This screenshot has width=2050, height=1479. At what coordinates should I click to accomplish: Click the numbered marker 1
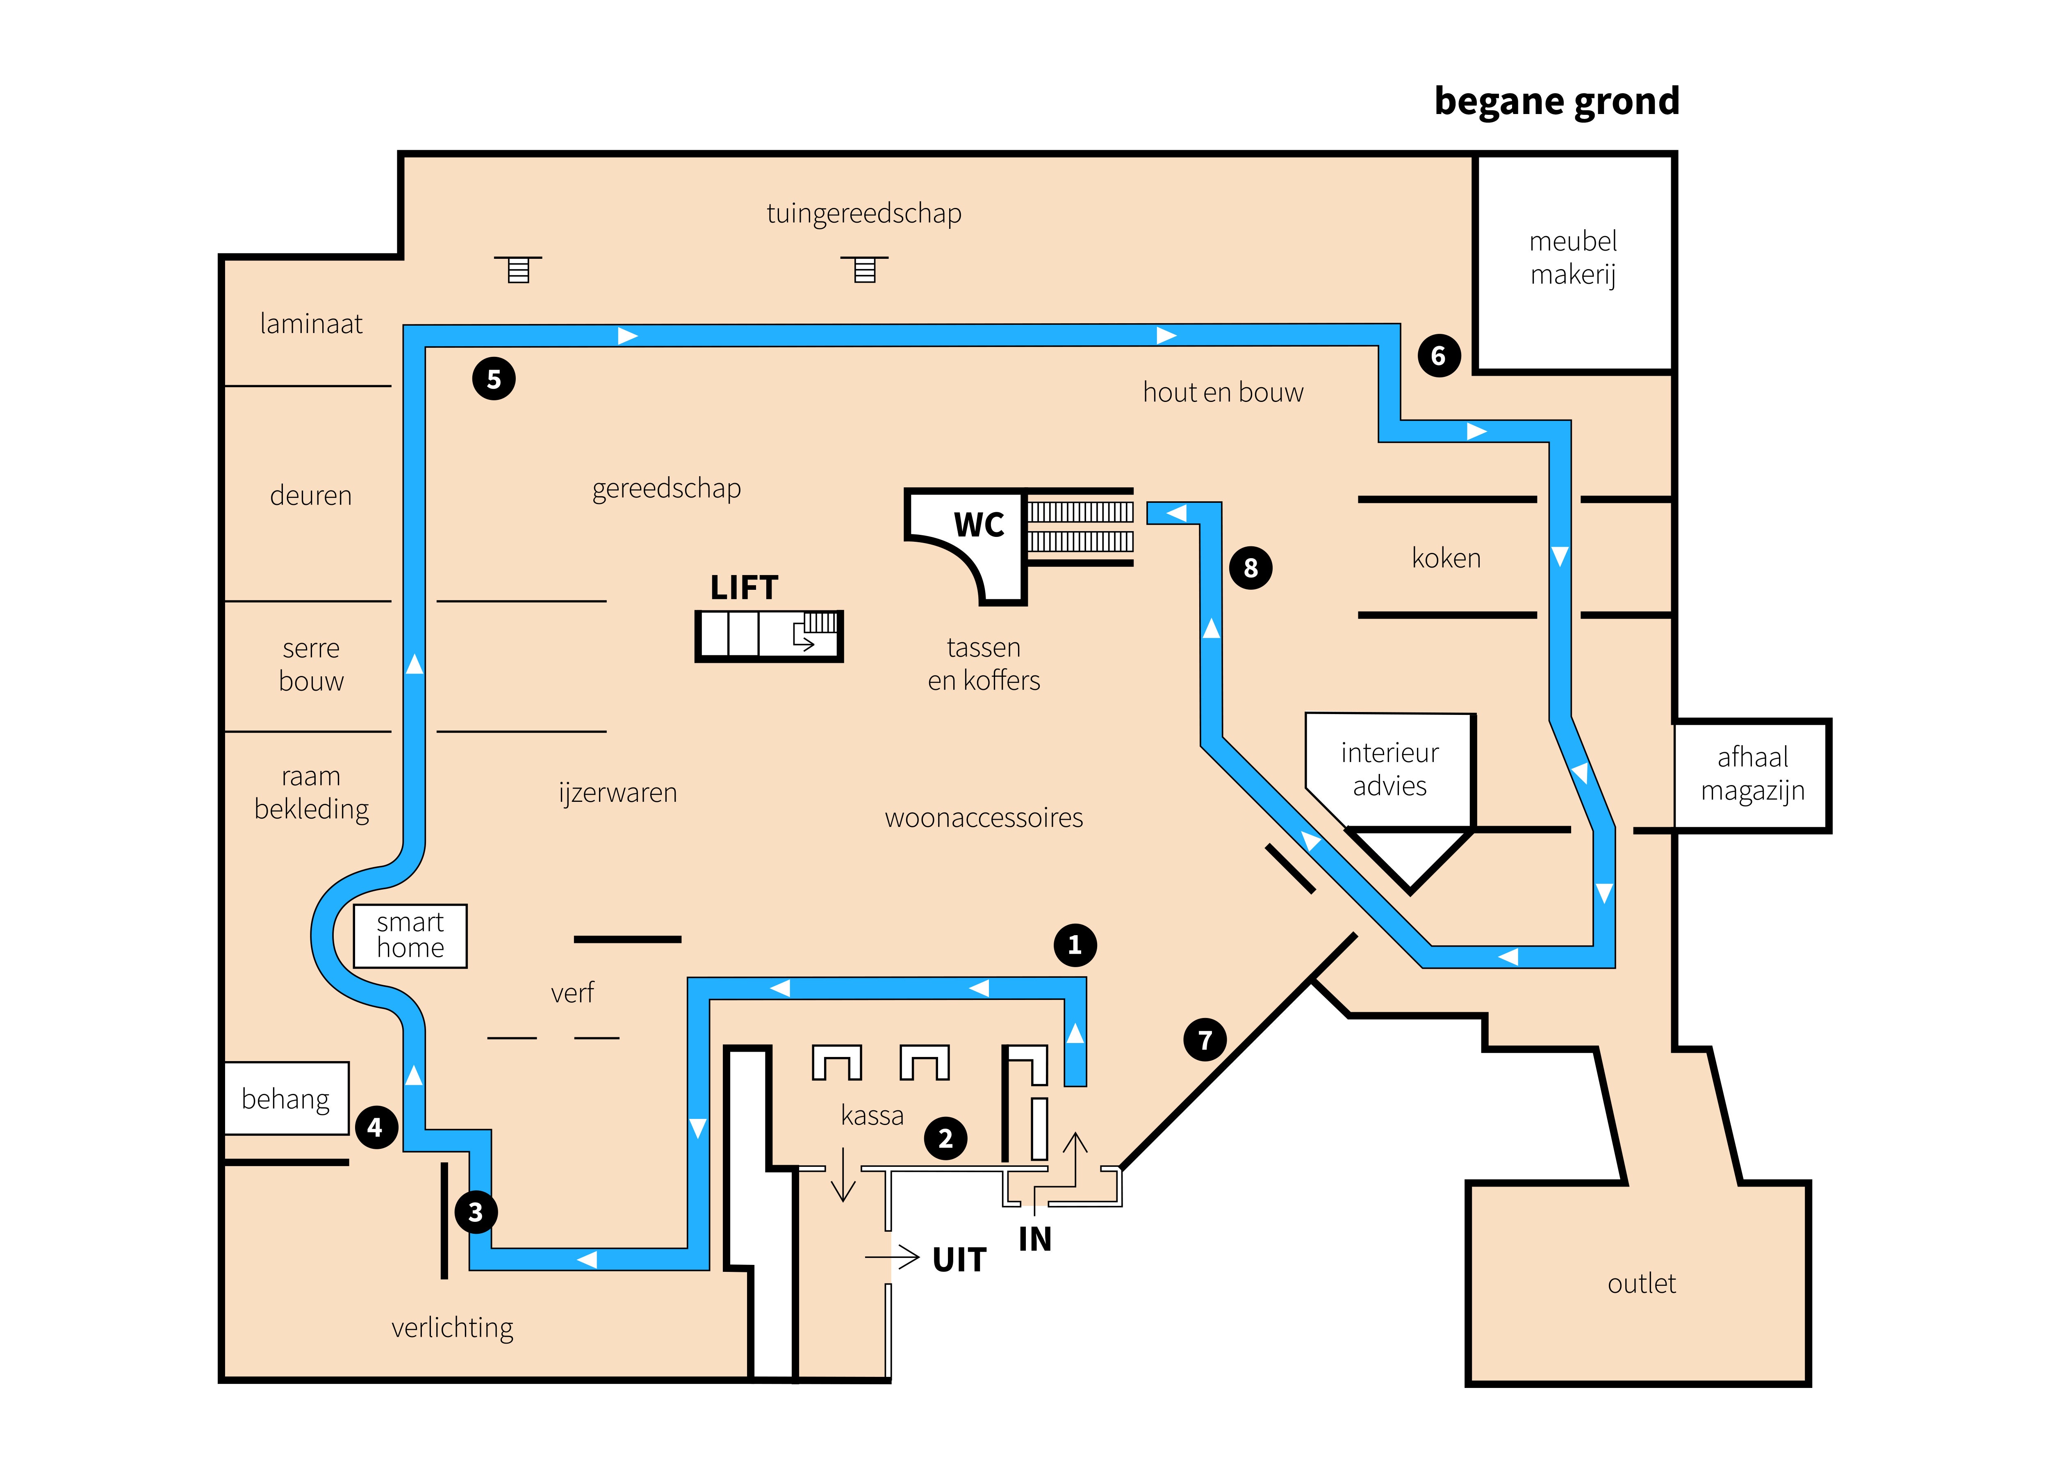1075,946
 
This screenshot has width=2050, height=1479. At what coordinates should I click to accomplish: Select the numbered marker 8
1251,568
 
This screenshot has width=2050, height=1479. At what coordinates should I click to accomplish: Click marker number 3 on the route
476,1212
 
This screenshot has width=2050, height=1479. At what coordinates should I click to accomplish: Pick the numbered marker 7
1205,1041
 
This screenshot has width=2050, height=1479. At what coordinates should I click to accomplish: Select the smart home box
410,936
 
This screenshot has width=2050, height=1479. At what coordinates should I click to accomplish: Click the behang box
286,1098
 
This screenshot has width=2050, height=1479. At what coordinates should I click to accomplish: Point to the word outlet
1642,1284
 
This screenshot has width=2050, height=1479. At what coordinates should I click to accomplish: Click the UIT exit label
959,1259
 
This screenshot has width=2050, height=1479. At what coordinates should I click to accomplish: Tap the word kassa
872,1116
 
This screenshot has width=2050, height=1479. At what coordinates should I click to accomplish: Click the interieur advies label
1389,769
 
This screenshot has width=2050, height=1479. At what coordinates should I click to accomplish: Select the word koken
1446,558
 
